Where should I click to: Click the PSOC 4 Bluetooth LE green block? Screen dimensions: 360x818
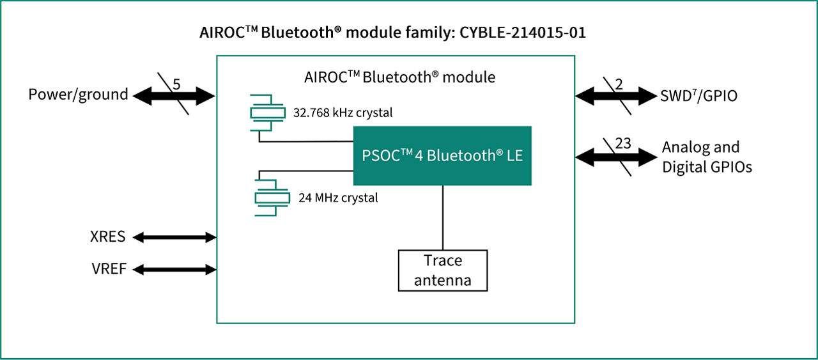(x=442, y=156)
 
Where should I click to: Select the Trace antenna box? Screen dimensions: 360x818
(x=443, y=270)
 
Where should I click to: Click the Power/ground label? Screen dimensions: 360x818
(x=78, y=95)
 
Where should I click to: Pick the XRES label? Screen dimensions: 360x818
(x=108, y=237)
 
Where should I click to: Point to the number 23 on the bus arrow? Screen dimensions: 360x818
(x=623, y=143)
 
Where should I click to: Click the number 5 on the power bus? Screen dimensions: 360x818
(x=177, y=83)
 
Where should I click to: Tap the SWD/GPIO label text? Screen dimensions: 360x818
(x=698, y=96)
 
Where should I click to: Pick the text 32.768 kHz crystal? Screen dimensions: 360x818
(x=343, y=113)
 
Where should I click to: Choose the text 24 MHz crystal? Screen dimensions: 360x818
(x=338, y=198)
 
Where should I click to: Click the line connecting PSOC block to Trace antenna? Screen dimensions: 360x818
(x=443, y=217)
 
